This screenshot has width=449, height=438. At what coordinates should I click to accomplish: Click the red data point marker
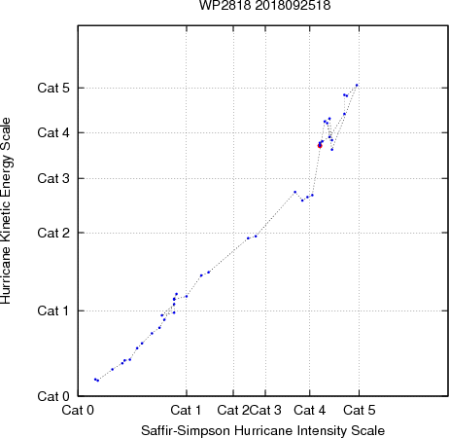(x=320, y=146)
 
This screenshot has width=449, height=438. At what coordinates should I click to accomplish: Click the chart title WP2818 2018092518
(x=264, y=6)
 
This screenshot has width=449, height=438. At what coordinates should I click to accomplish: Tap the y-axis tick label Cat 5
(x=53, y=88)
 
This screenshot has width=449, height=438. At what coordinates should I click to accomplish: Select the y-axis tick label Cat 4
(x=53, y=132)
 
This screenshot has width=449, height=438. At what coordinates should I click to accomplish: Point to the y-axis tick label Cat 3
(x=53, y=178)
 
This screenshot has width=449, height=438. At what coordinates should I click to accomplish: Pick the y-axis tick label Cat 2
(x=53, y=233)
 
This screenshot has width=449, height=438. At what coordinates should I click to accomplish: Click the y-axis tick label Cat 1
(x=53, y=310)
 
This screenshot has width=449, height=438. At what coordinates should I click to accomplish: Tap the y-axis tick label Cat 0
(x=53, y=396)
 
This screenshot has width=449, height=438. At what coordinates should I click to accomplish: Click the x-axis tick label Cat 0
(x=78, y=410)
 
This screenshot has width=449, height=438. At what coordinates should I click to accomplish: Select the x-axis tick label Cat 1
(x=186, y=410)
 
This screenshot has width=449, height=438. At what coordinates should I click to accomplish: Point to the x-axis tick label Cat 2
(x=233, y=410)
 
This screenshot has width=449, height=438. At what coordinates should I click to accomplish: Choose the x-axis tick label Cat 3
(x=265, y=410)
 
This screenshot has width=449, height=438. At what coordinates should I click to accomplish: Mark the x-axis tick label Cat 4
(x=310, y=410)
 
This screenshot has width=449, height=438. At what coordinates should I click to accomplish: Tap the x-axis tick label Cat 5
(x=360, y=410)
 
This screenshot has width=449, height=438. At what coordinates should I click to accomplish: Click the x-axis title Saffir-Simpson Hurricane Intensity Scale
(x=263, y=430)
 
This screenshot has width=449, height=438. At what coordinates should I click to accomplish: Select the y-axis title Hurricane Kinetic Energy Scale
(x=6, y=211)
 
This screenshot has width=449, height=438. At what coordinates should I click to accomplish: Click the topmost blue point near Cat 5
(x=357, y=85)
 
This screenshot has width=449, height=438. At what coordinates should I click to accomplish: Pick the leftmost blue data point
(x=95, y=379)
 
